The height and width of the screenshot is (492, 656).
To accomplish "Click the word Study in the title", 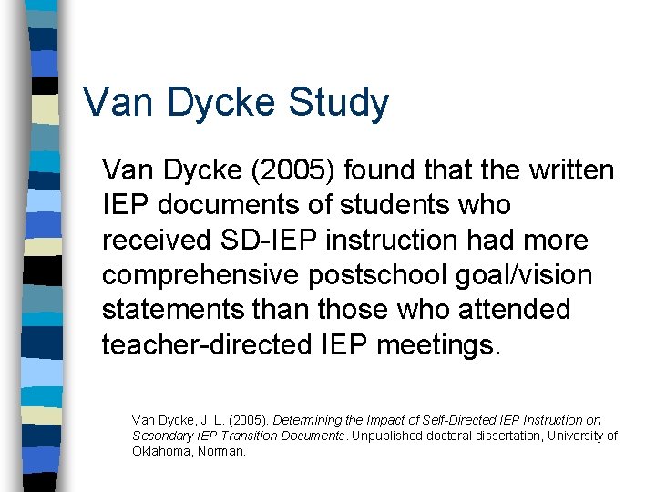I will (338, 103).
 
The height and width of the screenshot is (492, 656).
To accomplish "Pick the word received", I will (157, 240).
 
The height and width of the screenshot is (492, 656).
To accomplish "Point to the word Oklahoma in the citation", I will (160, 451).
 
